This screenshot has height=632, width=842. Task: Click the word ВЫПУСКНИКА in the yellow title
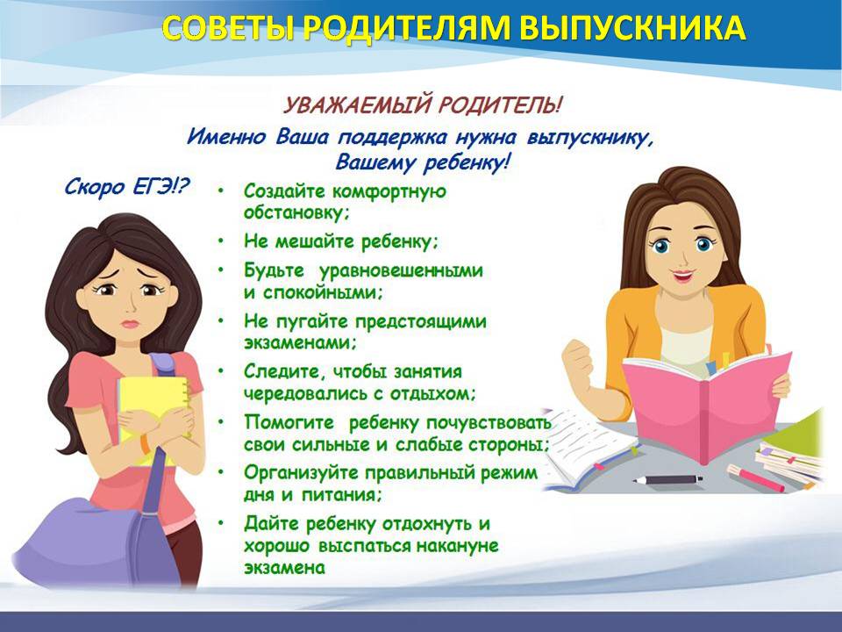pyautogui.click(x=632, y=27)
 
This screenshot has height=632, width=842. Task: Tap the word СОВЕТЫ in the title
pyautogui.click(x=227, y=27)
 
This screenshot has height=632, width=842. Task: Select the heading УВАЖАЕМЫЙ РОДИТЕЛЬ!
pyautogui.click(x=423, y=104)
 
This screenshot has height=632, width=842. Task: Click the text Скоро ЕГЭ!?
pyautogui.click(x=126, y=186)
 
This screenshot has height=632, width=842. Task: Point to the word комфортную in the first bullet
pyautogui.click(x=389, y=191)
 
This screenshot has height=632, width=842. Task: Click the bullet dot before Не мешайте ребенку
pyautogui.click(x=221, y=241)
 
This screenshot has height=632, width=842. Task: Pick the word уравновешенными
pyautogui.click(x=401, y=270)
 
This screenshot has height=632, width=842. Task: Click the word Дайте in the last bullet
pyautogui.click(x=271, y=523)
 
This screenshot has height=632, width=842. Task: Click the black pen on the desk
pyautogui.click(x=667, y=479)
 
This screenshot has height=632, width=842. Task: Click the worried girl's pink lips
pyautogui.click(x=130, y=324)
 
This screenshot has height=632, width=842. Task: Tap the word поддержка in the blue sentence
pyautogui.click(x=391, y=138)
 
